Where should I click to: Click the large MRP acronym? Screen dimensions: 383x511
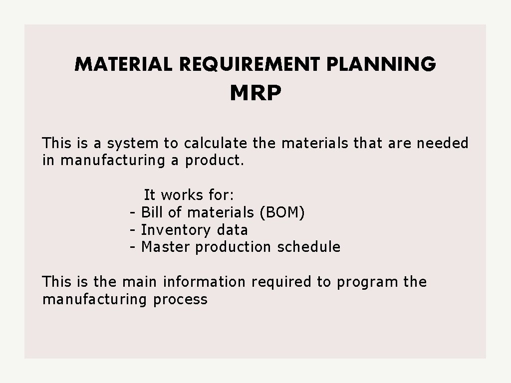pyautogui.click(x=255, y=93)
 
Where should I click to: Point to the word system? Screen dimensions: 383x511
pyautogui.click(x=132, y=144)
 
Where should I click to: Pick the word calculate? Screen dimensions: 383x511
pyautogui.click(x=215, y=144)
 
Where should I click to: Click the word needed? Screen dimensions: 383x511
pyautogui.click(x=443, y=144)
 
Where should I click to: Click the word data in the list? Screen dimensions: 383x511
pyautogui.click(x=232, y=230)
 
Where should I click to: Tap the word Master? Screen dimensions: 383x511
pyautogui.click(x=166, y=247)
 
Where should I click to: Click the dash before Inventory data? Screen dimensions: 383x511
pyautogui.click(x=133, y=230)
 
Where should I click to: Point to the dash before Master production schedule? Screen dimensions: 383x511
pyautogui.click(x=133, y=247)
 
